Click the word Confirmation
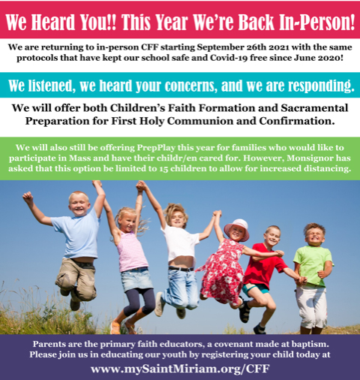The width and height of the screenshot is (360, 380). pyautogui.click(x=297, y=121)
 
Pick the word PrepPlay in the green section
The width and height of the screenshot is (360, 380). pyautogui.click(x=156, y=148)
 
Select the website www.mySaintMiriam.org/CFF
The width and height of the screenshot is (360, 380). pyautogui.click(x=180, y=369)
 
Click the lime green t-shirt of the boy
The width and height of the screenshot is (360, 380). pyautogui.click(x=312, y=266)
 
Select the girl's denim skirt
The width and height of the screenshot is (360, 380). pyautogui.click(x=136, y=279)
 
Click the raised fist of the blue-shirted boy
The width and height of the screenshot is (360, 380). pyautogui.click(x=28, y=197)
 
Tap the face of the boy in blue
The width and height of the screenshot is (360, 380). pyautogui.click(x=79, y=205)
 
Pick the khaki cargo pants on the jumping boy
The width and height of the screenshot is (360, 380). pyautogui.click(x=76, y=279)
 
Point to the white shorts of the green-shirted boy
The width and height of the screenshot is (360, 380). pyautogui.click(x=310, y=307)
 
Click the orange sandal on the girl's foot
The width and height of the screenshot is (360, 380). pyautogui.click(x=115, y=327)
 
